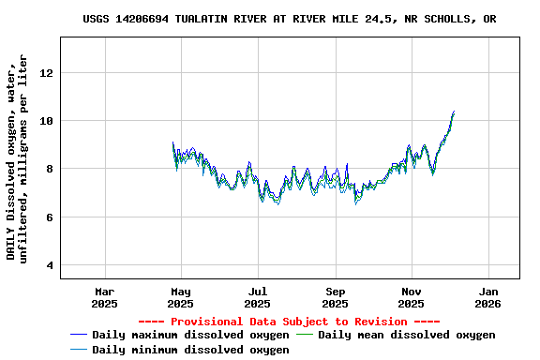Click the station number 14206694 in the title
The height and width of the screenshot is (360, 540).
click(x=148, y=19)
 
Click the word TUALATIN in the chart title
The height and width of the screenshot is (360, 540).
click(x=210, y=19)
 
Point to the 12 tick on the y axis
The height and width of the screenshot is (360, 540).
click(x=47, y=73)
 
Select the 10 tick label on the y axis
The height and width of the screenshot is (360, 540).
click(x=47, y=121)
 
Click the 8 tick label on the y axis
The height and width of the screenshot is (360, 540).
click(x=51, y=170)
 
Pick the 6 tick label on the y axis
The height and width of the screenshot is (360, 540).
click(x=51, y=217)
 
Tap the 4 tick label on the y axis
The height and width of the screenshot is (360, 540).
click(x=51, y=266)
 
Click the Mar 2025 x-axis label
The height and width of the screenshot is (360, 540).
click(x=104, y=297)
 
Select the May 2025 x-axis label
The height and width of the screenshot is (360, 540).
click(x=181, y=297)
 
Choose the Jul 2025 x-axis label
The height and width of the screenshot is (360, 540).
click(x=258, y=297)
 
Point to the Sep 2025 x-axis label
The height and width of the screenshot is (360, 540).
click(x=335, y=297)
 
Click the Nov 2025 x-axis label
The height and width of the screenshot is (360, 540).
click(x=412, y=297)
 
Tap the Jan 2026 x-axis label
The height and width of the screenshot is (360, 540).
click(x=487, y=297)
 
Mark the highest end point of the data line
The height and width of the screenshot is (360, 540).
click(x=454, y=111)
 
